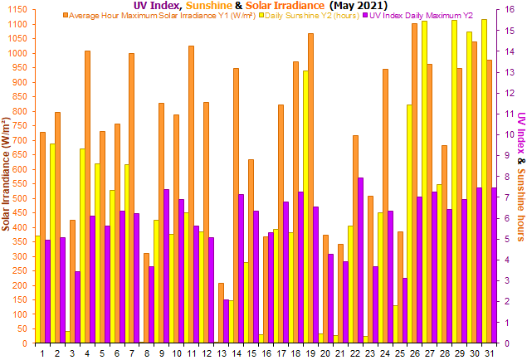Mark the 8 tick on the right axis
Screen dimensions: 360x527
tap(500, 176)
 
